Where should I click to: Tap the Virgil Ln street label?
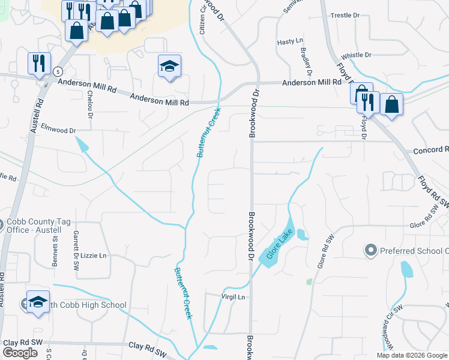(x=234, y=297)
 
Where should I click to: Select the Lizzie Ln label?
(x=94, y=255)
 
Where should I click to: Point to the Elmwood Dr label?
(x=58, y=129)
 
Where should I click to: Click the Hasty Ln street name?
(x=290, y=41)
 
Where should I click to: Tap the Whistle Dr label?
(x=357, y=55)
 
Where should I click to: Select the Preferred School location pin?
(x=370, y=250)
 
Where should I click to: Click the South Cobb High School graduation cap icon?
(x=38, y=302)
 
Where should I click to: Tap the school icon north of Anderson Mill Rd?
(x=170, y=65)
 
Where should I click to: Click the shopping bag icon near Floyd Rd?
(x=391, y=104)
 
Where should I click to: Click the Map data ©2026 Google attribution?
(x=412, y=355)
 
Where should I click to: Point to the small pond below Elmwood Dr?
(x=82, y=145)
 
